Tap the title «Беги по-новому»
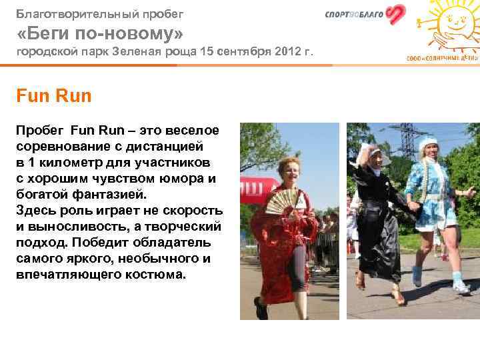click(x=99, y=33)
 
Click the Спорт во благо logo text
click(x=354, y=15)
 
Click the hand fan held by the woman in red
click(x=283, y=201)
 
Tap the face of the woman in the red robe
click(x=289, y=169)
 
